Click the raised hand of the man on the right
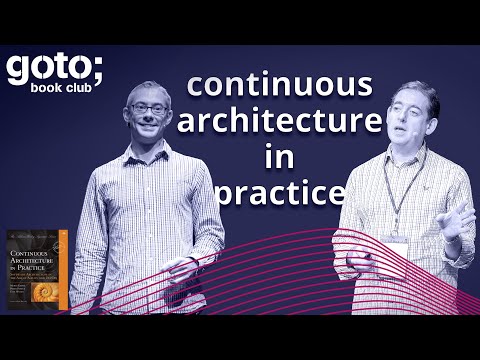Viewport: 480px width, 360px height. click(456, 219)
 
